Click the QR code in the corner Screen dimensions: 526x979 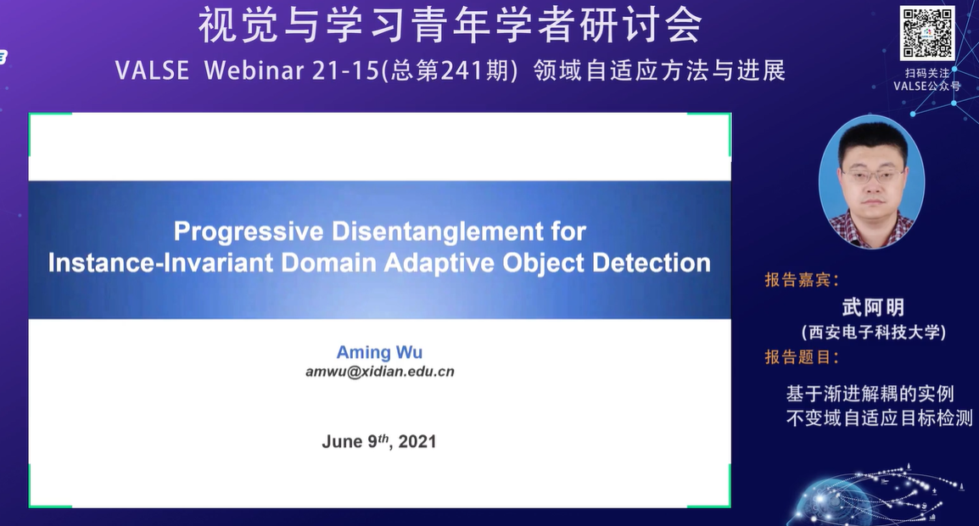tap(927, 33)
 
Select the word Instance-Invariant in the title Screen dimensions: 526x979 tap(161, 263)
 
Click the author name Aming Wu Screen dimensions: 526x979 tap(379, 352)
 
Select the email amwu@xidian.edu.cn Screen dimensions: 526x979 tap(379, 372)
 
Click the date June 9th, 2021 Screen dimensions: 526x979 tap(379, 441)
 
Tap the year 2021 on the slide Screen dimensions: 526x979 tap(417, 442)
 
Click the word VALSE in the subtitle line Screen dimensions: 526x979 tap(153, 71)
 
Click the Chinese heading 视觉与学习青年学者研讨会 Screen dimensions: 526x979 tap(450, 27)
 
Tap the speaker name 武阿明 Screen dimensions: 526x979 tap(873, 306)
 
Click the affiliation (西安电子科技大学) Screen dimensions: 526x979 tap(873, 333)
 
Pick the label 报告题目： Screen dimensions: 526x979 tap(802, 357)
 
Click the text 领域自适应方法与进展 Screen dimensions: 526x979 tap(659, 71)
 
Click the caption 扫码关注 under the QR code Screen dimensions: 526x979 tap(927, 73)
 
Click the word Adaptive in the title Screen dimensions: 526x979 tap(440, 263)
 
